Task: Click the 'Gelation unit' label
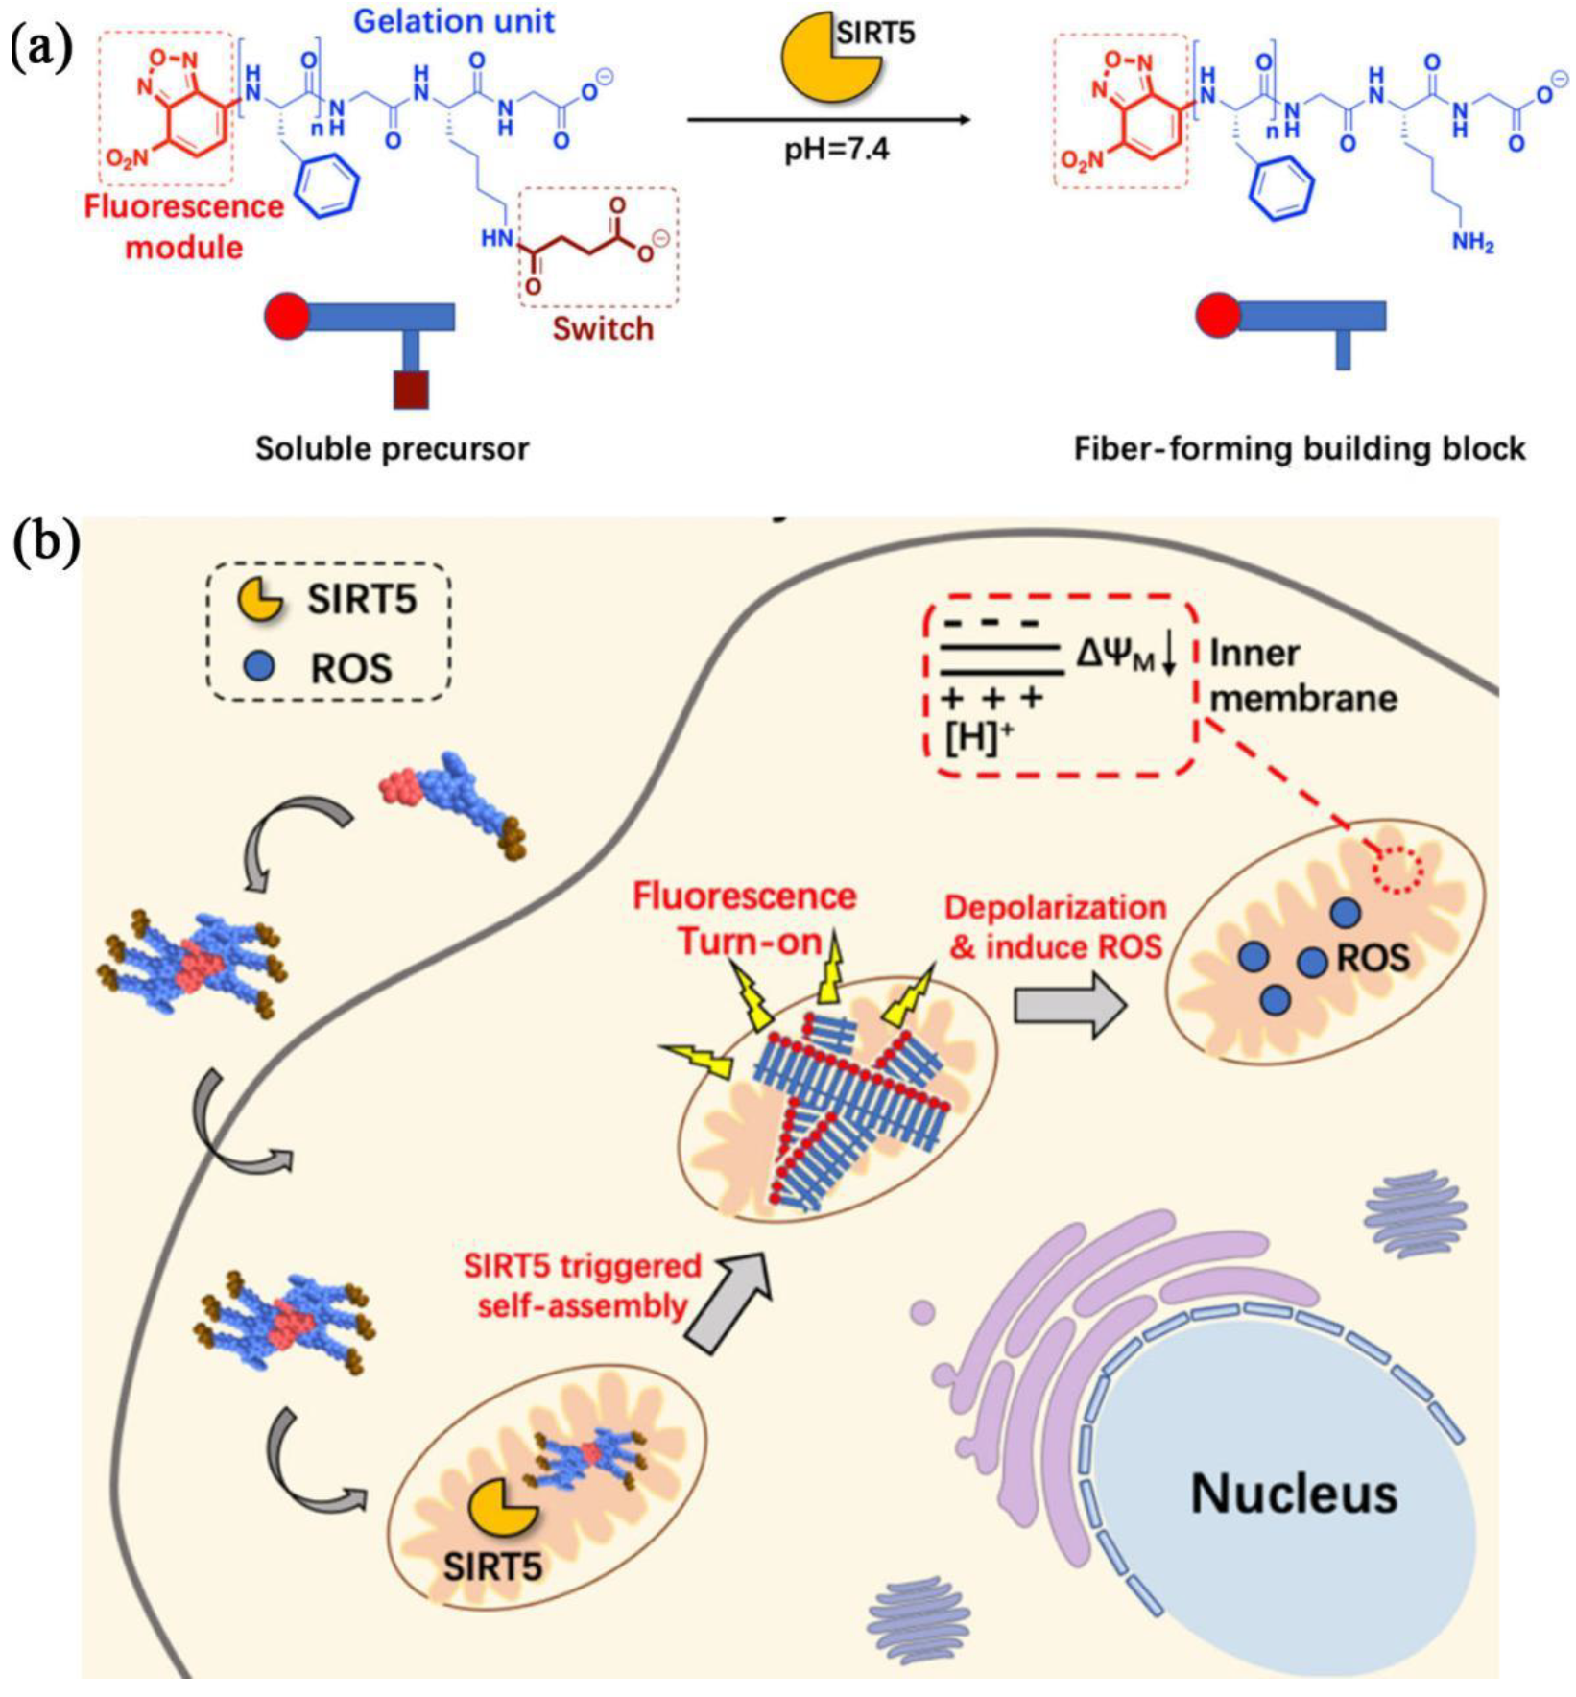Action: click(454, 21)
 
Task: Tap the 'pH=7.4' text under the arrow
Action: click(836, 150)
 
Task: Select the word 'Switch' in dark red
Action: click(603, 329)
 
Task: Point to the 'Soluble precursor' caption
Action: click(392, 448)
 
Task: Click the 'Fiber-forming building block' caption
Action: click(1299, 448)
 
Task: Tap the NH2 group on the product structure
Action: click(1471, 243)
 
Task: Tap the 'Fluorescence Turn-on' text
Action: click(745, 919)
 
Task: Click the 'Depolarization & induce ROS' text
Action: click(1055, 927)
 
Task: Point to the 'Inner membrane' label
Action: click(1301, 676)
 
